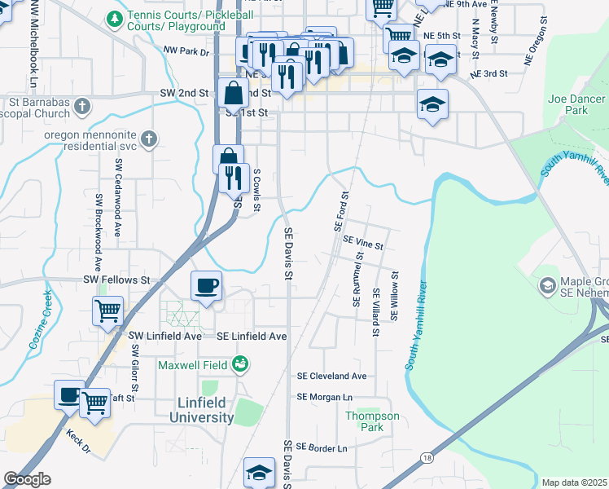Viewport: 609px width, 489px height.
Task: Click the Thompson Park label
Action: pyautogui.click(x=372, y=421)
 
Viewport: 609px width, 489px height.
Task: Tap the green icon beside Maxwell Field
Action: pyautogui.click(x=240, y=363)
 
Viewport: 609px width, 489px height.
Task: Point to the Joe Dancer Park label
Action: pyautogui.click(x=568, y=104)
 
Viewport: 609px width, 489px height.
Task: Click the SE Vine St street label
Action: pyautogui.click(x=362, y=242)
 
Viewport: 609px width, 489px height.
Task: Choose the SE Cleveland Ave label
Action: pyautogui.click(x=331, y=377)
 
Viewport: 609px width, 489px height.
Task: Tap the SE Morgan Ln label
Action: pyautogui.click(x=325, y=397)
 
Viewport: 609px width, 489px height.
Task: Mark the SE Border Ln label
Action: pyautogui.click(x=322, y=447)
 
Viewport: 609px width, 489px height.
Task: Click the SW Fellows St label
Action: pyautogui.click(x=117, y=280)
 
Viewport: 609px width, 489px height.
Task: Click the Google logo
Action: pyautogui.click(x=27, y=479)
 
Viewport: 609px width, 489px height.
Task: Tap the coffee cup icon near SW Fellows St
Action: pyautogui.click(x=205, y=286)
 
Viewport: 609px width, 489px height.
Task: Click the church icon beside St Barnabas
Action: pyautogui.click(x=81, y=106)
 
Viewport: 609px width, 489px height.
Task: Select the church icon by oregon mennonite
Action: pyautogui.click(x=148, y=139)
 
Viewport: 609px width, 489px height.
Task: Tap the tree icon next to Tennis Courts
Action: pyautogui.click(x=116, y=16)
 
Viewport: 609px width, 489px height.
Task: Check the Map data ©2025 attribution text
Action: pyautogui.click(x=573, y=482)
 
